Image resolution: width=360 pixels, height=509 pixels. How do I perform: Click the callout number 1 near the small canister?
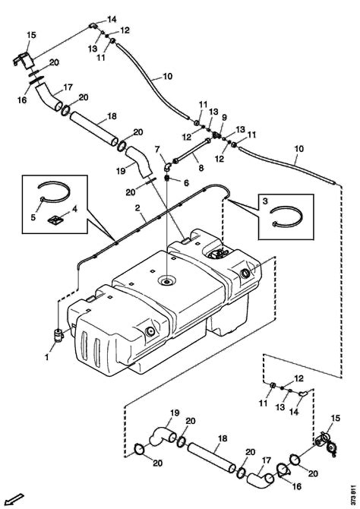click(x=47, y=357)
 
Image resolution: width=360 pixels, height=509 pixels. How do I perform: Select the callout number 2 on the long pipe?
click(x=137, y=207)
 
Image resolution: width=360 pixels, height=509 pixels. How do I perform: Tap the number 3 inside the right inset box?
click(x=265, y=201)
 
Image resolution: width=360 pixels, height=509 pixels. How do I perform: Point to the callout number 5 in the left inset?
click(x=33, y=217)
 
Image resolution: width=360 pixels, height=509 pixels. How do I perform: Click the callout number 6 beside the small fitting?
click(x=186, y=183)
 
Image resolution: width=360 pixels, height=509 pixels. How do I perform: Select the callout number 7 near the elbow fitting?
click(x=157, y=150)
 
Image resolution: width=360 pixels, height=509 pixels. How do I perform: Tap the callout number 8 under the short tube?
click(x=201, y=168)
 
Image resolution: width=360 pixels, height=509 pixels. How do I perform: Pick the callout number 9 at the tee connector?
click(x=225, y=118)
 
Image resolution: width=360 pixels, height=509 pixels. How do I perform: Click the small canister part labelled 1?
click(x=58, y=335)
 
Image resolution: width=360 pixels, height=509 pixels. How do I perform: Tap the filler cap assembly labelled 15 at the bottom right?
click(x=327, y=444)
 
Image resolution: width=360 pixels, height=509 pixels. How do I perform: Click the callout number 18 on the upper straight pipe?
click(x=112, y=116)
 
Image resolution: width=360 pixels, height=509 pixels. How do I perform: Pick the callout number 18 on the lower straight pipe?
click(x=223, y=438)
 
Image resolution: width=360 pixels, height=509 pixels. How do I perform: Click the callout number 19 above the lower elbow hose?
click(x=175, y=413)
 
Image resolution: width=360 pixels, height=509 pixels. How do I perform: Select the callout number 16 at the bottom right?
click(x=297, y=486)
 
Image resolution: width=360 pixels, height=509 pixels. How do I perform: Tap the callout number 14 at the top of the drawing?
click(x=112, y=20)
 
